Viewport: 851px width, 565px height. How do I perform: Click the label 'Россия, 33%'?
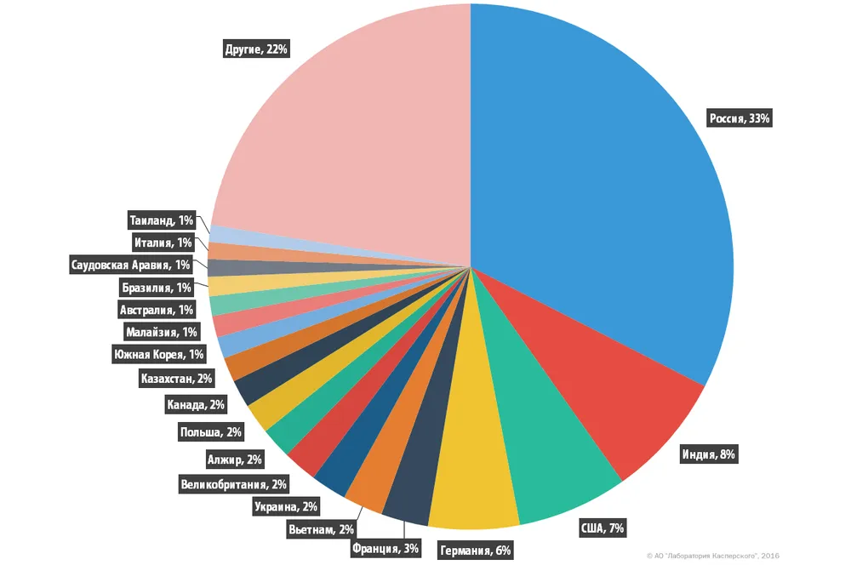pyautogui.click(x=740, y=119)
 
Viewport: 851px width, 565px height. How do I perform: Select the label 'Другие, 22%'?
pyautogui.click(x=256, y=49)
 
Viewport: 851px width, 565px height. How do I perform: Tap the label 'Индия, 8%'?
pyautogui.click(x=708, y=454)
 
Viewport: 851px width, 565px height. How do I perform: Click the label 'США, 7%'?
pyautogui.click(x=602, y=528)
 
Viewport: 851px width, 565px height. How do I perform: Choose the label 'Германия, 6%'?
pyautogui.click(x=476, y=551)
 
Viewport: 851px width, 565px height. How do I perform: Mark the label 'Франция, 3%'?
pyautogui.click(x=386, y=548)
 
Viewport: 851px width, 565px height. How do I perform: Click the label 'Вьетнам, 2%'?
pyautogui.click(x=322, y=529)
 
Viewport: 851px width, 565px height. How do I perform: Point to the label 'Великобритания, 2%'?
pyautogui.click(x=234, y=485)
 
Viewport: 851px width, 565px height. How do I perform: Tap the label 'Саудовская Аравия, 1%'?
pyautogui.click(x=131, y=265)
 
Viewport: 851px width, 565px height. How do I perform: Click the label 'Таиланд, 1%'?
pyautogui.click(x=163, y=220)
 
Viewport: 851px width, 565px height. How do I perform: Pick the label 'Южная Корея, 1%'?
pyautogui.click(x=159, y=355)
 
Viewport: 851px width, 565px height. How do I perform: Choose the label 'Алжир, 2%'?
pyautogui.click(x=235, y=460)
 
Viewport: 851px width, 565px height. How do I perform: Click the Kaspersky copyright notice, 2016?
pyautogui.click(x=713, y=556)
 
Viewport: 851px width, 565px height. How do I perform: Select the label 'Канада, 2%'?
pyautogui.click(x=196, y=405)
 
